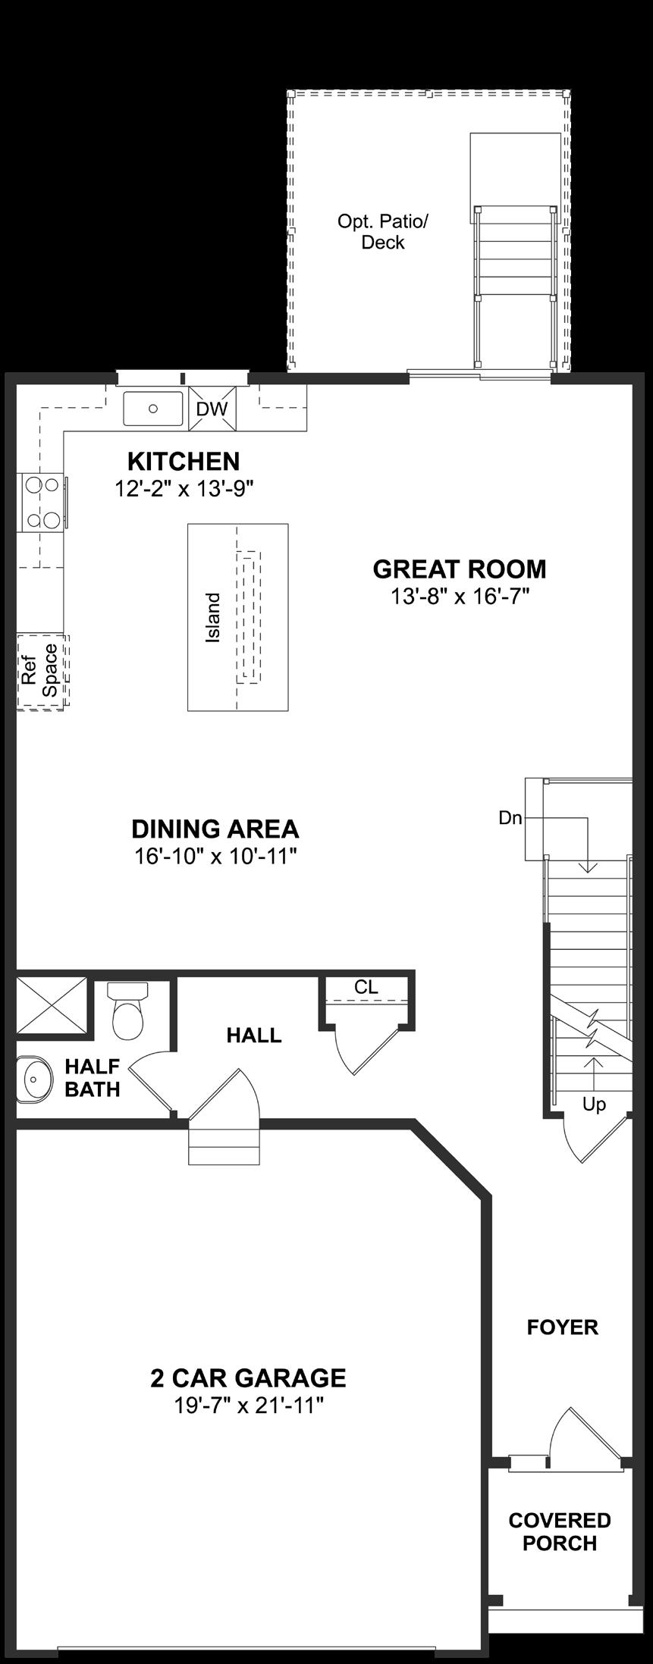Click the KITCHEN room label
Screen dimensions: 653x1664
click(x=184, y=461)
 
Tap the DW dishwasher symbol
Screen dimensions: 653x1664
click(x=212, y=409)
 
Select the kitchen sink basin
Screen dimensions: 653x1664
click(x=153, y=409)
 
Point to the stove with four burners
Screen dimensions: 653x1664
click(x=42, y=501)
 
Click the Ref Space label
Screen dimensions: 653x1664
click(x=39, y=670)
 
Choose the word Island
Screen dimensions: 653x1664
click(x=213, y=618)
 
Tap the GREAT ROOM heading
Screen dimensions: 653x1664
click(x=460, y=569)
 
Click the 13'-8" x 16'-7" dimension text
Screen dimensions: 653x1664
click(x=460, y=597)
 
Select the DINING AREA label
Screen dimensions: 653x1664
click(x=215, y=829)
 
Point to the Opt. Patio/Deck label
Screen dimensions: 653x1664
click(x=383, y=232)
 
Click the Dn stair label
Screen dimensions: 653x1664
click(x=510, y=818)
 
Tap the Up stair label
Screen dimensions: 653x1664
click(x=594, y=1105)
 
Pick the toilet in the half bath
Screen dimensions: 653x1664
click(x=127, y=1011)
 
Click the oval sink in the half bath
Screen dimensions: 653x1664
click(x=33, y=1077)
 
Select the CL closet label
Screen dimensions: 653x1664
click(x=366, y=987)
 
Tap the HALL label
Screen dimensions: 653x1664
click(x=254, y=1035)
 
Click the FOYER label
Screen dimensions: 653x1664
click(x=563, y=1327)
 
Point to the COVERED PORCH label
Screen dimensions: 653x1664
click(x=560, y=1531)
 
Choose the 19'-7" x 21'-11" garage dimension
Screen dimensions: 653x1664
click(x=249, y=1405)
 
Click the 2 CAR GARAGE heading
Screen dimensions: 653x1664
click(x=248, y=1377)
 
